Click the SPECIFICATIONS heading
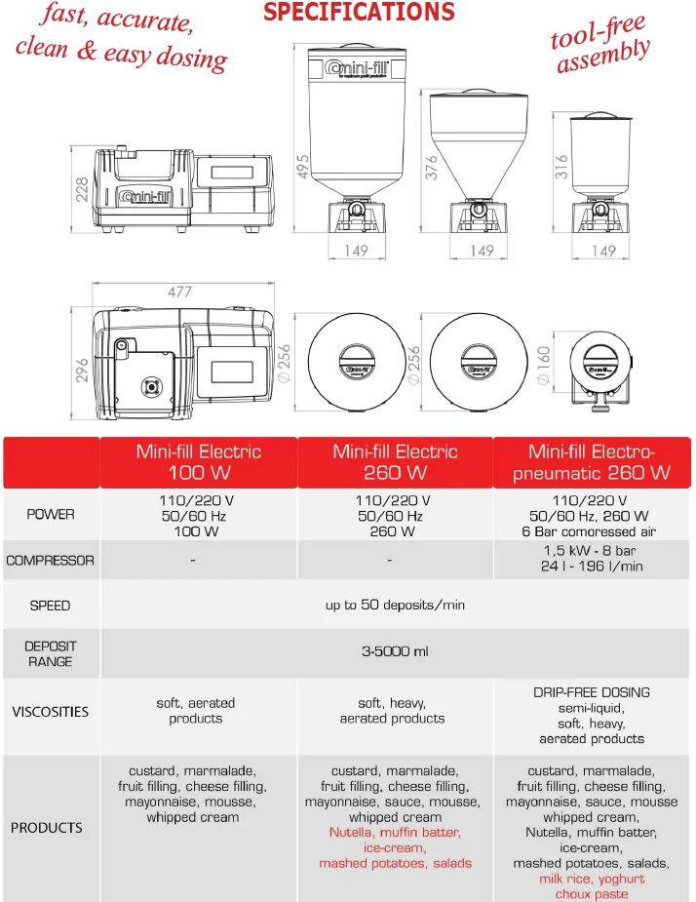pyautogui.click(x=360, y=13)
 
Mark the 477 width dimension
pyautogui.click(x=179, y=292)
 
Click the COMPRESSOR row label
pyautogui.click(x=50, y=561)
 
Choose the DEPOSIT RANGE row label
pyautogui.click(x=50, y=653)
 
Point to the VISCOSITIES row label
pyautogui.click(x=50, y=711)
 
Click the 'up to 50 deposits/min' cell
pyautogui.click(x=395, y=606)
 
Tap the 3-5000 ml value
pyautogui.click(x=395, y=651)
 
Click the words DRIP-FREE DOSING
pyautogui.click(x=592, y=692)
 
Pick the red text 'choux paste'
pyautogui.click(x=592, y=894)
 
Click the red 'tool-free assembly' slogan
pyautogui.click(x=600, y=49)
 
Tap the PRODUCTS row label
pyautogui.click(x=47, y=828)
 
